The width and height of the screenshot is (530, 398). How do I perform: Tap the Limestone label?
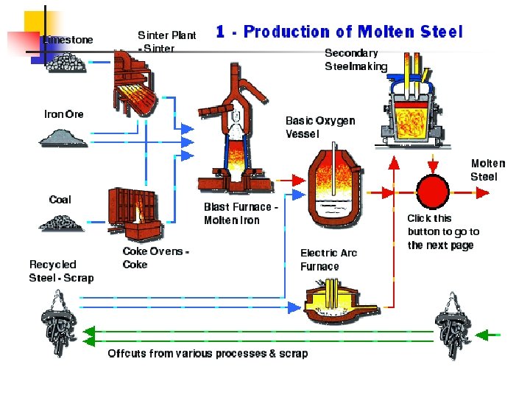point(68,40)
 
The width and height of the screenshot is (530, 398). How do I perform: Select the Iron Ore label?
point(64,114)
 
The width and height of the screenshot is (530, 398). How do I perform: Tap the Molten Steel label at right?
point(488,170)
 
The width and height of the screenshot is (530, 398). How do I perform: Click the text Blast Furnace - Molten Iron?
point(241,214)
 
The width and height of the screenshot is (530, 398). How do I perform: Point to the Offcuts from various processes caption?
point(208,354)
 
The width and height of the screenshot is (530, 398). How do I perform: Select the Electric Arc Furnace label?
point(328,259)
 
